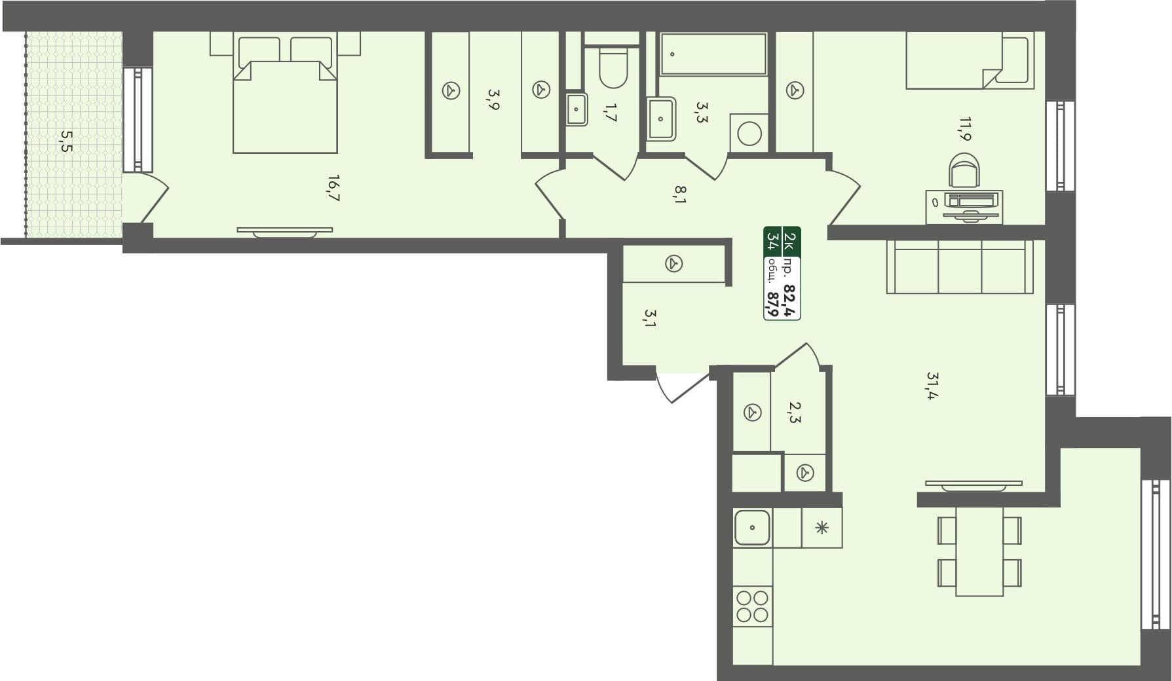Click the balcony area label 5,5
pyautogui.click(x=66, y=141)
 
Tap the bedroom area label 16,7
pyautogui.click(x=333, y=188)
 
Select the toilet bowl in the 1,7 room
pyautogui.click(x=613, y=69)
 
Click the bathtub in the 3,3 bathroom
pyautogui.click(x=713, y=54)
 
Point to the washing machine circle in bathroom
pyautogui.click(x=749, y=134)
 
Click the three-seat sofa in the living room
pyautogui.click(x=959, y=267)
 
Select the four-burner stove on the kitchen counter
pyautogui.click(x=752, y=606)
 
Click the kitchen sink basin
pyautogui.click(x=752, y=528)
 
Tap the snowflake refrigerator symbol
pyautogui.click(x=822, y=528)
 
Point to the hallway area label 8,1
pyautogui.click(x=680, y=194)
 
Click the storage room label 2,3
pyautogui.click(x=793, y=412)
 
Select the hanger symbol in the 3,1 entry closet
pyautogui.click(x=673, y=264)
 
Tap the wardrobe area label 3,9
pyautogui.click(x=493, y=100)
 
